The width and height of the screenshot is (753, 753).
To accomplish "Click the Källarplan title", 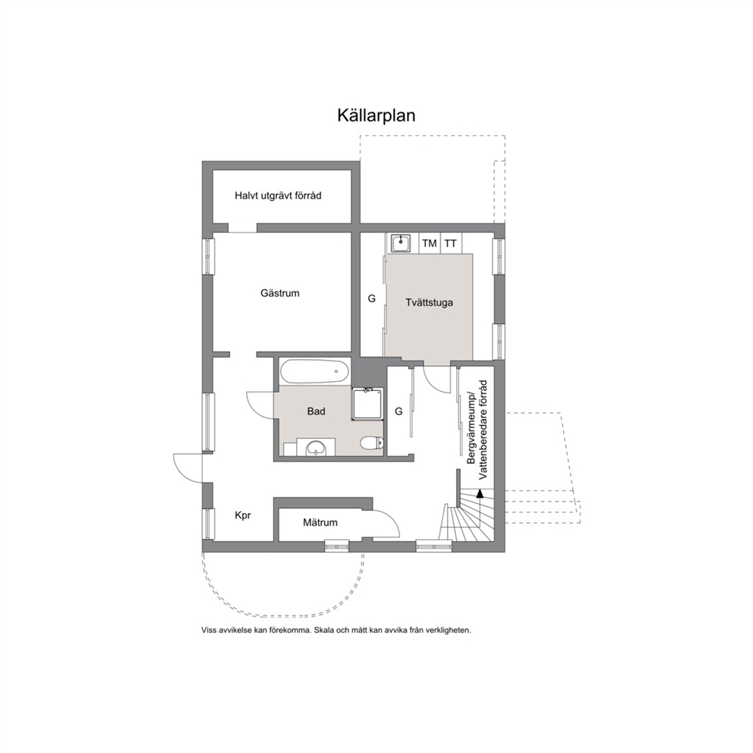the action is click(x=376, y=116).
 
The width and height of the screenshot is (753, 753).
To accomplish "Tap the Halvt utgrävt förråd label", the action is click(x=278, y=196).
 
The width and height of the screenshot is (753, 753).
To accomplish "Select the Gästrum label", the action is click(x=280, y=293).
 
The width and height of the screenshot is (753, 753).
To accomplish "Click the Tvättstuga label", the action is click(x=429, y=303).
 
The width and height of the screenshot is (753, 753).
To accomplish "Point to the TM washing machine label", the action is click(x=430, y=244).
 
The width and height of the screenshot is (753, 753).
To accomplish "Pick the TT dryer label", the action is click(x=450, y=244).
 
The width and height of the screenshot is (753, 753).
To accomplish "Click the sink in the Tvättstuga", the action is click(x=400, y=243).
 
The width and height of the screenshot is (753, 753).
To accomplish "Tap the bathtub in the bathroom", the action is click(x=315, y=371).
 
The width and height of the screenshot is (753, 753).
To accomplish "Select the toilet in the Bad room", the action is click(x=372, y=442).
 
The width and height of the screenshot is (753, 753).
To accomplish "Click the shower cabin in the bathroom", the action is click(x=367, y=404).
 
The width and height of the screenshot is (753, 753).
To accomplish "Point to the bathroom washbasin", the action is click(x=316, y=447).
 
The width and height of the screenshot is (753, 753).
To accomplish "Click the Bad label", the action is click(x=316, y=411).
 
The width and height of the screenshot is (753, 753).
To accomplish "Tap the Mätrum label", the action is click(x=320, y=522).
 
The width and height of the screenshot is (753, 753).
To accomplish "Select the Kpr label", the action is click(x=243, y=515).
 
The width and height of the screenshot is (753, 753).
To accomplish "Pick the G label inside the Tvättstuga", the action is click(x=371, y=299).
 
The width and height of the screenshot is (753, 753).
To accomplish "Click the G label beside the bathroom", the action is click(x=399, y=411).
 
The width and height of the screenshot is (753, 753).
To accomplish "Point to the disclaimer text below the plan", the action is click(x=336, y=630).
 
